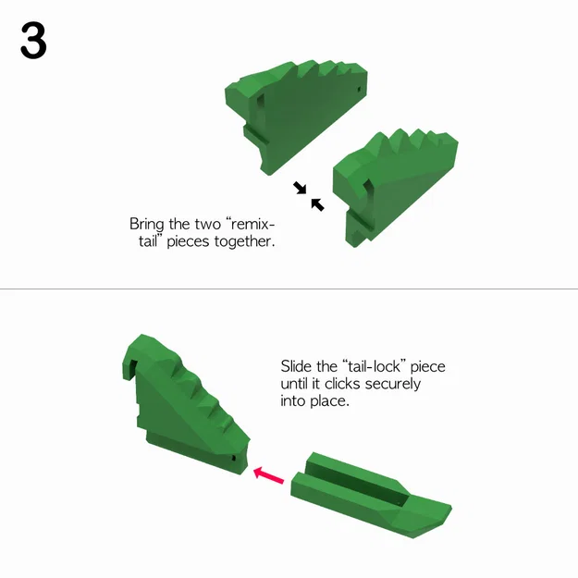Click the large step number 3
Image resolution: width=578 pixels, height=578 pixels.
click(x=33, y=43)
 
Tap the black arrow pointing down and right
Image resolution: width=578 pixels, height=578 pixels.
click(x=300, y=188)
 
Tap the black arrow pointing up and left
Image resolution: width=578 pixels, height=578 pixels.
click(x=317, y=204)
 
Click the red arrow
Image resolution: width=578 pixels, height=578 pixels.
click(x=268, y=475)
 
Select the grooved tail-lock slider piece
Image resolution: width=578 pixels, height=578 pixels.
click(x=370, y=495)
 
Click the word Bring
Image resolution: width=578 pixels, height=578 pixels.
click(x=148, y=225)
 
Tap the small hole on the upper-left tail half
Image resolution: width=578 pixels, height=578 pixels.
click(x=359, y=90)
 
